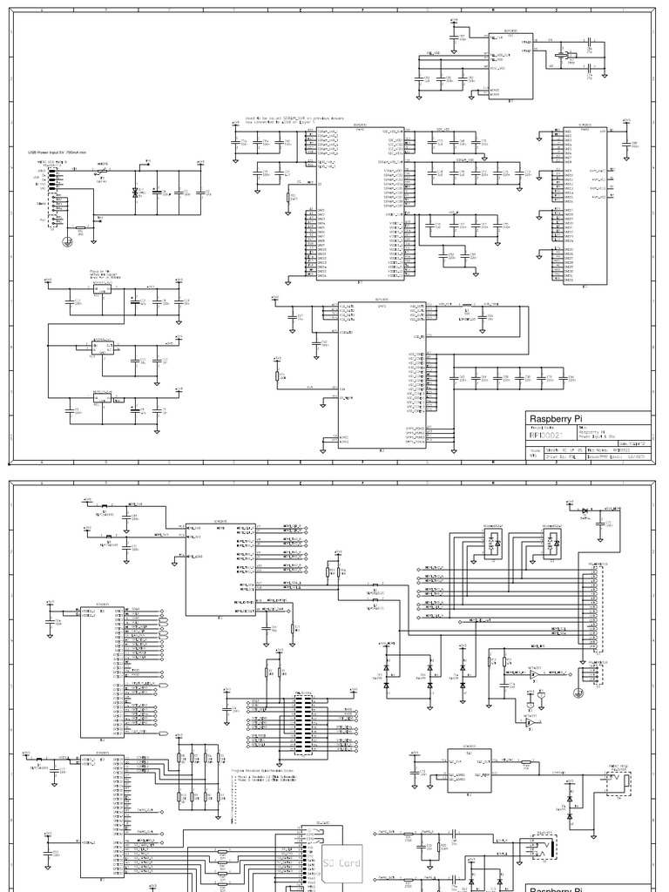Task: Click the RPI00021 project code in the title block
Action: tap(547, 432)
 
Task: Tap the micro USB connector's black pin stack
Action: tap(53, 178)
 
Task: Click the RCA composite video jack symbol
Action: tap(619, 784)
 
